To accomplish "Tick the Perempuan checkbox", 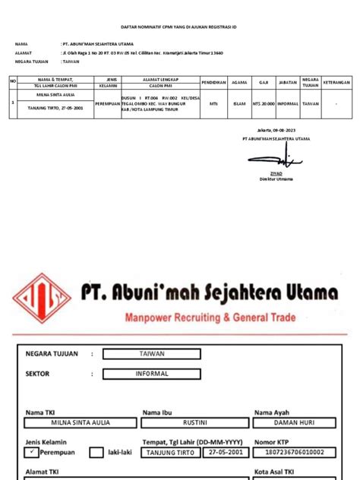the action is click(31, 452).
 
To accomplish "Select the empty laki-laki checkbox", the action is click(96, 453).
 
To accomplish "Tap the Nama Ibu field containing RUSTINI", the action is click(194, 423).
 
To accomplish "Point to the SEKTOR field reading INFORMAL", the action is click(152, 374).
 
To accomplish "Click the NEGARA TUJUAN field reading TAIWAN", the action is click(152, 353).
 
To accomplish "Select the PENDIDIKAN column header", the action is click(213, 81).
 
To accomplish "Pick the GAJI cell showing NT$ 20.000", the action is click(264, 104).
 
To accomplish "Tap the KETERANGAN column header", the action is click(336, 81).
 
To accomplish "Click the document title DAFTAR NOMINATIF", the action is click(180, 25).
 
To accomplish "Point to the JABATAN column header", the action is click(288, 81).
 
